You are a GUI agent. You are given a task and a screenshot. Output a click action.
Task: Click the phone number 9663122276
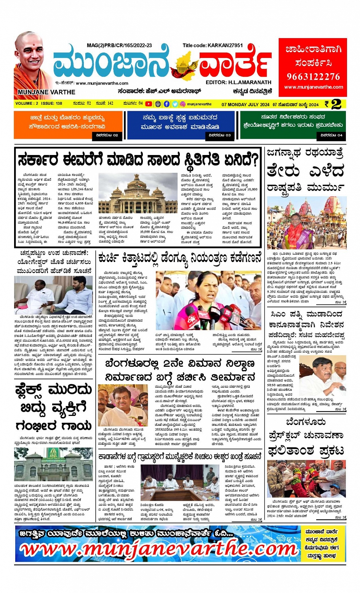pos(313,76)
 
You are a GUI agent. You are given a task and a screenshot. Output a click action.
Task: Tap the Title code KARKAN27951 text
pos(212,45)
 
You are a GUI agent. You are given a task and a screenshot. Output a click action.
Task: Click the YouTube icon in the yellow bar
pos(149,104)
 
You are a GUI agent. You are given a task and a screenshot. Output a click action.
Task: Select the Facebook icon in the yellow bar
pos(166,104)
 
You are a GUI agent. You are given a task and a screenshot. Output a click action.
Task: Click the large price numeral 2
pos(336,104)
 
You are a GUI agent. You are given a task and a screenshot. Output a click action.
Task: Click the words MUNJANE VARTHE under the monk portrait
pos(46,92)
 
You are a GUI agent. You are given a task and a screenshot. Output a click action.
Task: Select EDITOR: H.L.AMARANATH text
pos(238,82)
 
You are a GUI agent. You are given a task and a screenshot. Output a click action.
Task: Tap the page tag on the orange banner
pos(107,135)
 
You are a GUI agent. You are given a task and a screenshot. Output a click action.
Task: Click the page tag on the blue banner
pos(220,135)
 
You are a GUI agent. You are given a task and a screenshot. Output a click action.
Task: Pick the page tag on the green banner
pos(331,135)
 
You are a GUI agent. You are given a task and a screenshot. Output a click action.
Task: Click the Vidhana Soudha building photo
pos(138,193)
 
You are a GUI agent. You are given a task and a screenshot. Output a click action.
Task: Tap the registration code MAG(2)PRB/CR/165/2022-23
pos(119,45)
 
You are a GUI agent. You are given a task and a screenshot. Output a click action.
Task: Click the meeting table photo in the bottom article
pos(180,482)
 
